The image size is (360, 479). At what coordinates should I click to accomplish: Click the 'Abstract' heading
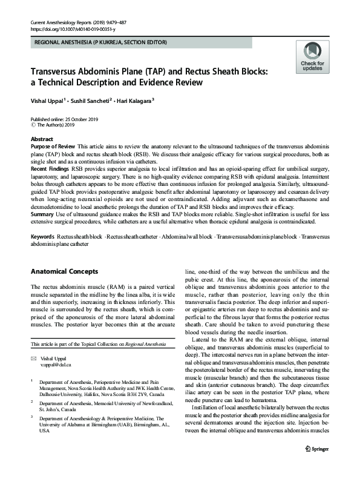tap(42, 139)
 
